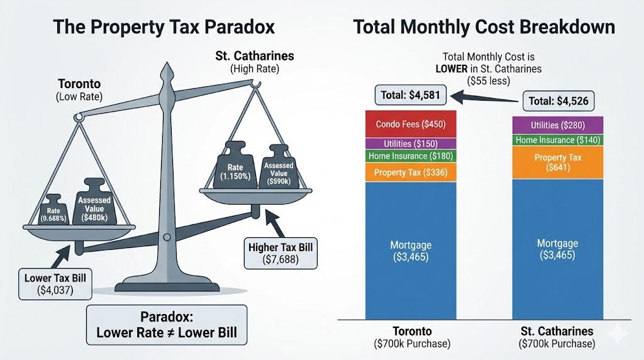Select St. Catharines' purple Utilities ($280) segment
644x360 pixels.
pyautogui.click(x=557, y=125)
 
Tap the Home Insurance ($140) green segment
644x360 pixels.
pyautogui.click(x=557, y=140)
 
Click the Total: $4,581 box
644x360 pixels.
pyautogui.click(x=411, y=96)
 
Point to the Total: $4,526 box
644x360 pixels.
pyautogui.click(x=558, y=100)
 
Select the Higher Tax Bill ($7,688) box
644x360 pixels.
pyautogui.click(x=281, y=252)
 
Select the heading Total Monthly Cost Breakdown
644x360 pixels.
pyautogui.click(x=484, y=27)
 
